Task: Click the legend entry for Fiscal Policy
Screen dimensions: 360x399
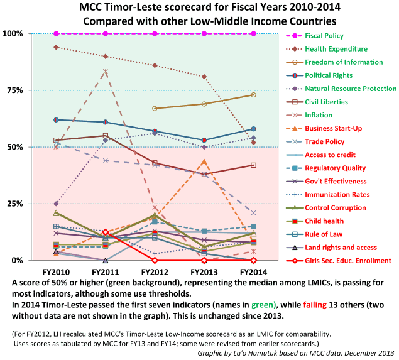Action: tap(325, 36)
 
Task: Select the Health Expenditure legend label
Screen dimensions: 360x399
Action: tap(336, 49)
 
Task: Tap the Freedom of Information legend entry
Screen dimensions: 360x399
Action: tap(344, 62)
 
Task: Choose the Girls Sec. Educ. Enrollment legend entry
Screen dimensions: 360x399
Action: tap(348, 261)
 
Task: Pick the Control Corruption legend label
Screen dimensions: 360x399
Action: tap(336, 208)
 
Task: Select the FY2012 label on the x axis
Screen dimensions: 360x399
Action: tap(155, 271)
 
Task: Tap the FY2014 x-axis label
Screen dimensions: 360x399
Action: tap(253, 271)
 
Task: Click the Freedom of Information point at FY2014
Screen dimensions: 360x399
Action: tap(253, 95)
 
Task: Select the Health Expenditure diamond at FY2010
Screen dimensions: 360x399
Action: tap(57, 47)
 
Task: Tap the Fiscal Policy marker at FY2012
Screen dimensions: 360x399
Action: tap(155, 33)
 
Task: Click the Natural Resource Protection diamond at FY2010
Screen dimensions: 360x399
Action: tap(57, 204)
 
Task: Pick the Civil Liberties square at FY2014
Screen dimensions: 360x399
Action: tap(253, 165)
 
